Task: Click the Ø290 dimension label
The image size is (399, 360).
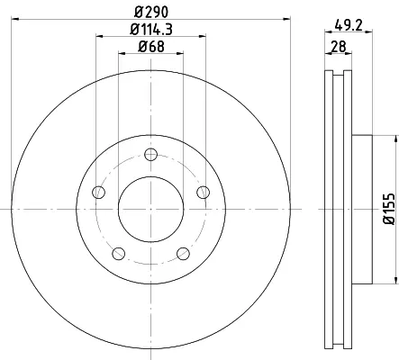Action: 151,12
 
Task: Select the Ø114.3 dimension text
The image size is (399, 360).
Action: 151,30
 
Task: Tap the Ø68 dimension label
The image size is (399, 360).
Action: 151,47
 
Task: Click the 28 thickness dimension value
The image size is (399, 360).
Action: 339,47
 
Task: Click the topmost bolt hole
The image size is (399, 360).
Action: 150,155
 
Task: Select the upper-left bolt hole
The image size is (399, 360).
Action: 98,192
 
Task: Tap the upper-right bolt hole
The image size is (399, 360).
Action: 204,192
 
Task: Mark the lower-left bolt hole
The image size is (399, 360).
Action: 118,254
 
